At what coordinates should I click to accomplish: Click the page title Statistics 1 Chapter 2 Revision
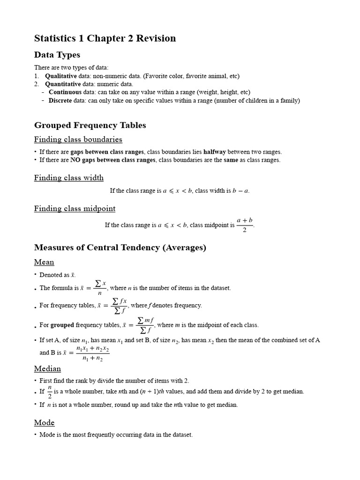(x=105, y=38)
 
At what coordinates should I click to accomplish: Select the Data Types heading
(x=57, y=55)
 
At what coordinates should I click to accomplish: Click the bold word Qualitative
(x=60, y=76)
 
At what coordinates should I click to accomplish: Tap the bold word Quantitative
(x=63, y=84)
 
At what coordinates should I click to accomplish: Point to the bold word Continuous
(x=65, y=92)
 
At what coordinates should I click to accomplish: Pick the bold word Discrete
(x=60, y=100)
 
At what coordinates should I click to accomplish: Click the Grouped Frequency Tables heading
(x=90, y=125)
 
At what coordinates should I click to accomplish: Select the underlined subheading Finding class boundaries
(x=78, y=139)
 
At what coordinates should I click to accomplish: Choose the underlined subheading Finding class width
(x=69, y=178)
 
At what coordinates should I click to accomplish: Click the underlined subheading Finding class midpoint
(x=75, y=209)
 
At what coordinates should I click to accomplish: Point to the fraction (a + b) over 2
(x=245, y=225)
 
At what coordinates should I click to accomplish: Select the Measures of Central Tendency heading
(x=120, y=247)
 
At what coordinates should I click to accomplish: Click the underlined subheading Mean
(x=44, y=262)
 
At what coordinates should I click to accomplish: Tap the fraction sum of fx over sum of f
(x=119, y=305)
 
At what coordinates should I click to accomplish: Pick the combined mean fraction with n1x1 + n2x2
(x=92, y=354)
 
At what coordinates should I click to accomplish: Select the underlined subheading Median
(x=47, y=369)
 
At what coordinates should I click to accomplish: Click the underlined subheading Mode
(x=44, y=422)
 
